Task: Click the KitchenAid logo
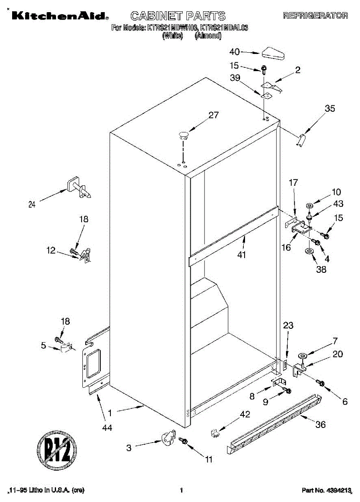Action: click(60, 16)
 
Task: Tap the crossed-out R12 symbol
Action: click(57, 450)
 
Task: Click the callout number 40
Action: click(235, 52)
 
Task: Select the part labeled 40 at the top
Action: click(273, 54)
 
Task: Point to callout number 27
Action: click(213, 115)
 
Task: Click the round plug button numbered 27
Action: click(184, 136)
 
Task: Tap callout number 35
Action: click(330, 108)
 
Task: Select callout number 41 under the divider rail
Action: click(242, 255)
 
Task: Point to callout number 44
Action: click(107, 428)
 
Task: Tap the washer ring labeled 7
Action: click(302, 356)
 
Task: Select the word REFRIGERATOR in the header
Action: click(315, 15)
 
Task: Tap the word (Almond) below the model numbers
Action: click(208, 36)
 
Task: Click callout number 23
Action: click(288, 325)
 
